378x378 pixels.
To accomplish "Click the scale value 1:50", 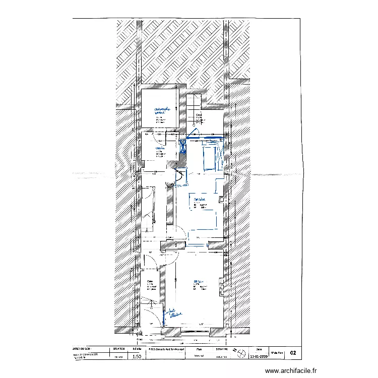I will click(x=136, y=356).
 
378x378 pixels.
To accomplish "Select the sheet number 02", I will click(x=293, y=354).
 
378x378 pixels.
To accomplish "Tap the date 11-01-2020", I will click(x=259, y=356).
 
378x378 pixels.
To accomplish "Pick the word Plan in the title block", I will click(x=198, y=348).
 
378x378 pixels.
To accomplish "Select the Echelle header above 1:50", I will click(x=136, y=348).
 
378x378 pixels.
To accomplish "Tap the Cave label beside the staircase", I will click(x=200, y=115).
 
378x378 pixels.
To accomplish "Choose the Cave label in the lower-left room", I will click(x=150, y=281).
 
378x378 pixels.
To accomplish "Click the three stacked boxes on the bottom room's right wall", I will click(x=222, y=286).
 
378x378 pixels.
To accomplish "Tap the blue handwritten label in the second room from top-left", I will click(x=158, y=148).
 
